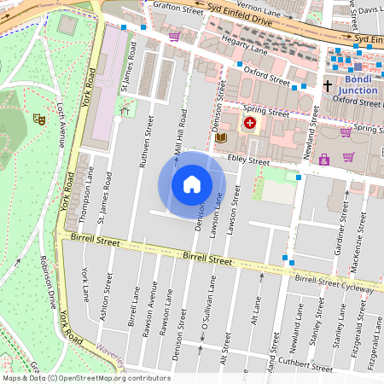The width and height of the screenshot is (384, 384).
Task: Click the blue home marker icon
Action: tap(192, 183)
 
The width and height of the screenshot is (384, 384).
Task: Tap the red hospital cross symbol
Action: tap(249, 124)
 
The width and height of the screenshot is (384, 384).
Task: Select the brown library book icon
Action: tap(222, 137)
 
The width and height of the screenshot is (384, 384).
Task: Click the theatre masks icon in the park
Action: tap(38, 119)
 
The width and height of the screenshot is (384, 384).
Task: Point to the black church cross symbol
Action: tap(327, 85)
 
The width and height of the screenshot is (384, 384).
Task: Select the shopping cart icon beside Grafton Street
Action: tap(174, 36)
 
